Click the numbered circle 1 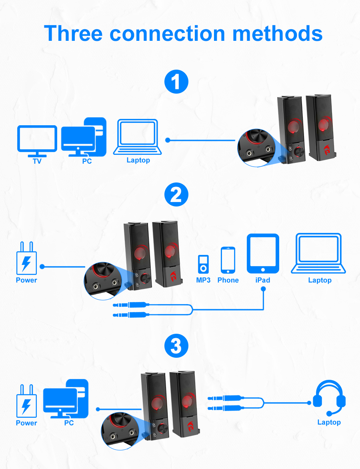tap(176, 82)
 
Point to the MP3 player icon tap(203, 264)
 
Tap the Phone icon tap(228, 260)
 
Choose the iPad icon tap(263, 254)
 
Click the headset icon tap(329, 398)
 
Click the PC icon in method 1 tap(84, 137)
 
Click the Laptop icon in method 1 tap(138, 137)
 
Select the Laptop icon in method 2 tap(320, 254)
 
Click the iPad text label tap(263, 280)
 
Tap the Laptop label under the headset tap(329, 422)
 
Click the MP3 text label tap(203, 280)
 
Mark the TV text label tap(37, 162)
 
